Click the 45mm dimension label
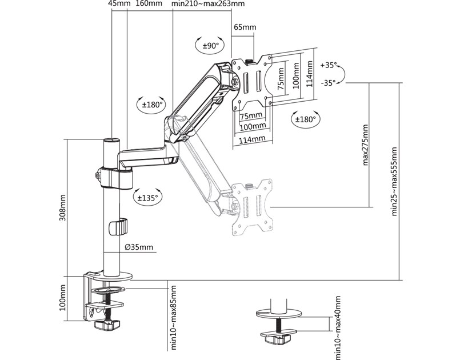point(119,5)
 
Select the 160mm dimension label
point(150,5)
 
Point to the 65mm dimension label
point(245,27)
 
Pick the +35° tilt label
point(330,65)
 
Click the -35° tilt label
point(329,83)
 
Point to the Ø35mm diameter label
point(139,247)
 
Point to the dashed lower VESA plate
point(251,207)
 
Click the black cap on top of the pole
point(111,139)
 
